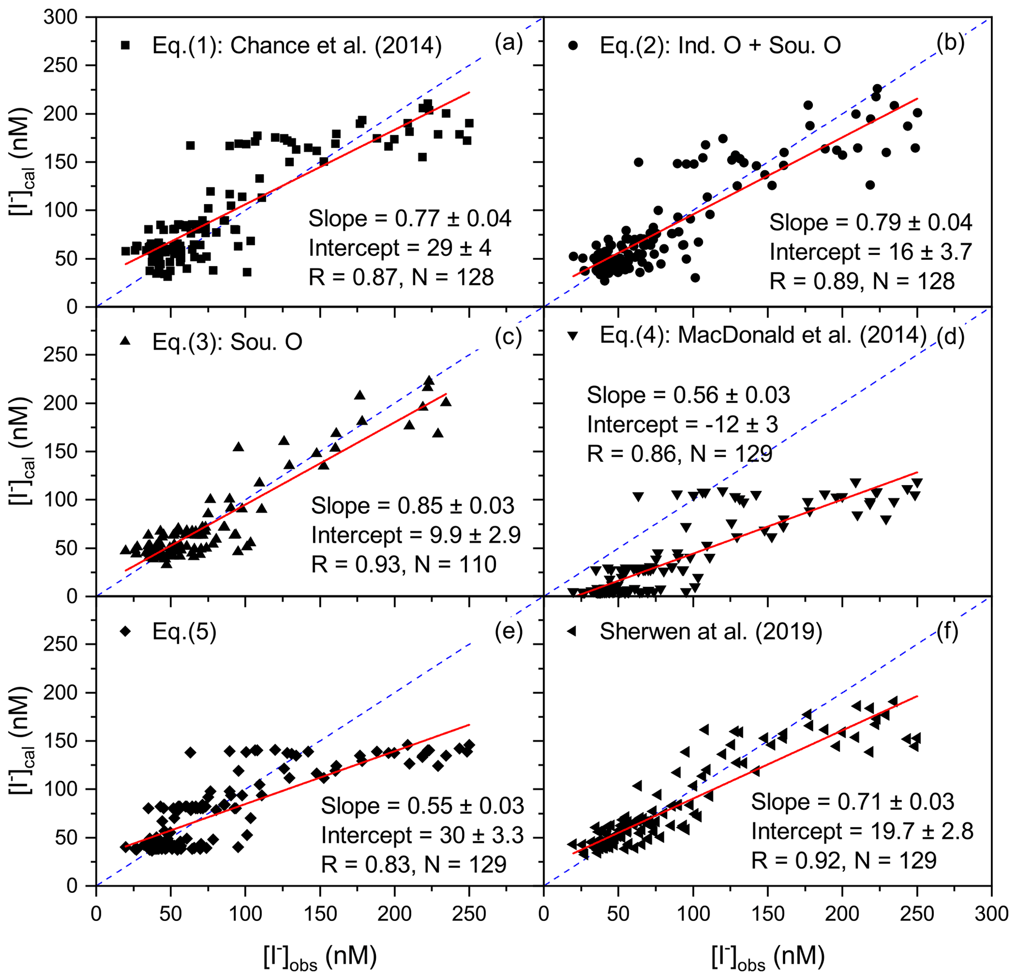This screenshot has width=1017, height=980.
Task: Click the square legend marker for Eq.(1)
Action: pyautogui.click(x=125, y=46)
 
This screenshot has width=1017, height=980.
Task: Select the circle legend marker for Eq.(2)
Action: pyautogui.click(x=573, y=46)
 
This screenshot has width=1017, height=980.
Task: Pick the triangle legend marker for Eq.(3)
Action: pyautogui.click(x=125, y=341)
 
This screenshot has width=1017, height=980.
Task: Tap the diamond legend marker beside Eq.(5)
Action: pyautogui.click(x=125, y=631)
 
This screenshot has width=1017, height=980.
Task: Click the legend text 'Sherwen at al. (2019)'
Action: pyautogui.click(x=711, y=632)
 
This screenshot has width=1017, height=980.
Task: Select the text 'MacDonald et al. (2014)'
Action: pyautogui.click(x=802, y=335)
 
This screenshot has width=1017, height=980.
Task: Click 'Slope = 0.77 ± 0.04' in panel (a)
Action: pyautogui.click(x=410, y=218)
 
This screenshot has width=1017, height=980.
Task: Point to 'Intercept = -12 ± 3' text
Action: pyautogui.click(x=682, y=425)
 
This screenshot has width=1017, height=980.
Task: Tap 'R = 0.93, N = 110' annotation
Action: pyautogui.click(x=403, y=564)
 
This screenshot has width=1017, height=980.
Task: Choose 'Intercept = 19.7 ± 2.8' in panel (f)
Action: pyautogui.click(x=863, y=831)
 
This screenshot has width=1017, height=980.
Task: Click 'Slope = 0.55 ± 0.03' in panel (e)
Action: pyautogui.click(x=422, y=805)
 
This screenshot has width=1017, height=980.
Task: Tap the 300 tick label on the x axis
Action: pyautogui.click(x=991, y=913)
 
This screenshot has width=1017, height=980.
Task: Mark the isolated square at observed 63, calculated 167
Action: pyautogui.click(x=190, y=145)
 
